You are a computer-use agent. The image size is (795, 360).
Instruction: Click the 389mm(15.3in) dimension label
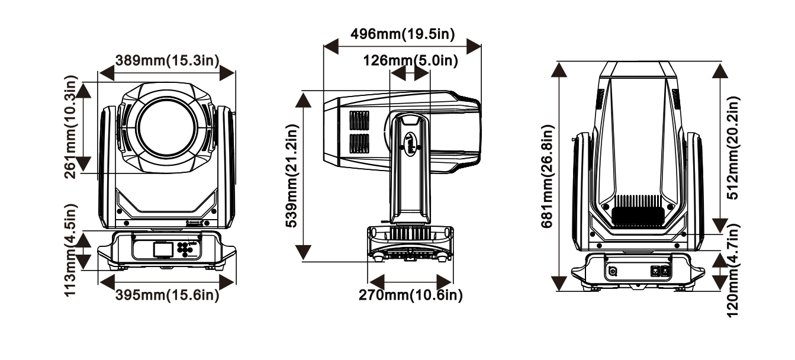(167, 61)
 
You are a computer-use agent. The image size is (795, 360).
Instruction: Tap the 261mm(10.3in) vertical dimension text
(70, 127)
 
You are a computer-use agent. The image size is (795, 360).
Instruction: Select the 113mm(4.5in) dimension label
(70, 250)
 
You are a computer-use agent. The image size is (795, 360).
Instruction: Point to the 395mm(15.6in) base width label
(167, 295)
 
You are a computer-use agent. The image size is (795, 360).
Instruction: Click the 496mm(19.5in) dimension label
(403, 34)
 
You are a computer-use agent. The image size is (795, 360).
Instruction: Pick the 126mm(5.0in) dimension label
(411, 61)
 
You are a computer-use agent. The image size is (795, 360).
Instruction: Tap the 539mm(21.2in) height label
(292, 176)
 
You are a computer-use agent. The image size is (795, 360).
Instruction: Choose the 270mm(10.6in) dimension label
(411, 295)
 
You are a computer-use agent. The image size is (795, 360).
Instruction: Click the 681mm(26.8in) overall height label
(547, 176)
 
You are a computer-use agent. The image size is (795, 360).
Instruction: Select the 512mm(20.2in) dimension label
(732, 147)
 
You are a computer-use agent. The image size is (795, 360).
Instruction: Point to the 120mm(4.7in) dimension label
(732, 270)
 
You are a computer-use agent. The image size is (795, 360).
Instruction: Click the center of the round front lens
(167, 128)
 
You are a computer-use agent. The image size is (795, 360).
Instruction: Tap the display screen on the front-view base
(163, 250)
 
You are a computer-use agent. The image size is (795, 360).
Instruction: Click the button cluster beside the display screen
(185, 249)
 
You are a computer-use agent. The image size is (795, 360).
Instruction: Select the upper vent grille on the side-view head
(359, 121)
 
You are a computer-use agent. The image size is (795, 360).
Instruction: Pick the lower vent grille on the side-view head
(359, 144)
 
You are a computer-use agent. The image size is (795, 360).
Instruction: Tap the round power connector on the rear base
(613, 271)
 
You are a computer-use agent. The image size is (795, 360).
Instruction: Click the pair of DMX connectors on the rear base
(661, 271)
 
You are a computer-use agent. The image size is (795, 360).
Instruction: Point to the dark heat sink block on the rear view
(638, 217)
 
